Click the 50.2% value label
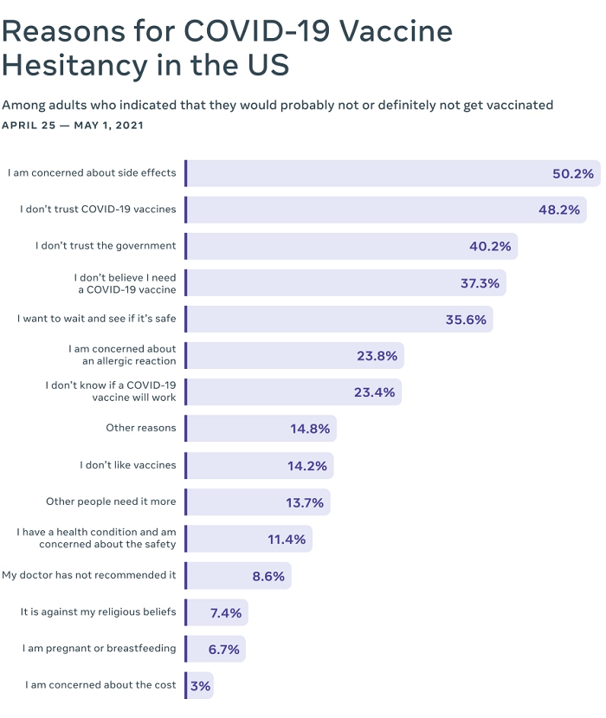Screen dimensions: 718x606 coord(573,173)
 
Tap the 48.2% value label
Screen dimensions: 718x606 coord(558,210)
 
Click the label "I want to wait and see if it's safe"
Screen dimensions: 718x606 coord(97,319)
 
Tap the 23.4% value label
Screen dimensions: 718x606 coord(374,392)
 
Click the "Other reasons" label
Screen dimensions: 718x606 coord(140,428)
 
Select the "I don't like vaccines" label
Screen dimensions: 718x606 coord(128,465)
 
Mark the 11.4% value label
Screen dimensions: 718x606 coord(286,539)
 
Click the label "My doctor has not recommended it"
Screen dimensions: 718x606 coord(89,575)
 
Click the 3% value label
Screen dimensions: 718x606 coord(200,685)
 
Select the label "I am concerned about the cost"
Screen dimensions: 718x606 coord(100,685)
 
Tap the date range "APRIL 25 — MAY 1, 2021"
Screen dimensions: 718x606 coord(73,126)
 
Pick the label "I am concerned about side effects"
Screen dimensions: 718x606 coord(92,173)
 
